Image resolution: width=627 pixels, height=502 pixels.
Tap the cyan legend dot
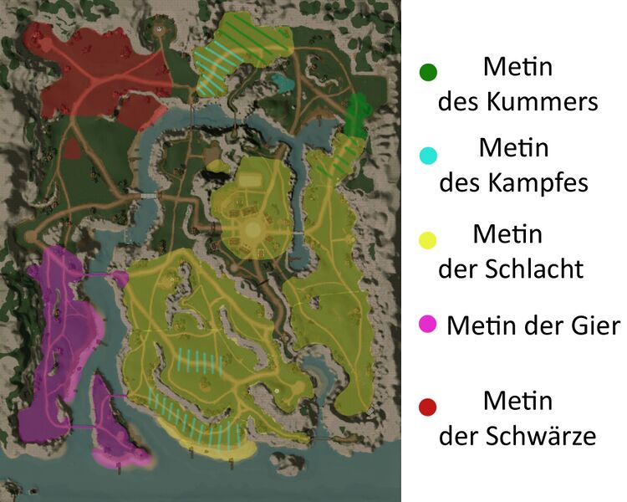(x=428, y=156)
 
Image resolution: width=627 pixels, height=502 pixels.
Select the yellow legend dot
(x=428, y=241)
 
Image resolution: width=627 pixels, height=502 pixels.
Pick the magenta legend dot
(x=428, y=324)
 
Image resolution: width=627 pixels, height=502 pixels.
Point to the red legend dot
(x=428, y=407)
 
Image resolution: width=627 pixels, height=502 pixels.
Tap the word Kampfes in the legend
(x=542, y=182)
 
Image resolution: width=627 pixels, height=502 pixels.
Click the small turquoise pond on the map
(x=281, y=82)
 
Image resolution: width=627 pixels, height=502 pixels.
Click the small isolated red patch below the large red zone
(x=73, y=148)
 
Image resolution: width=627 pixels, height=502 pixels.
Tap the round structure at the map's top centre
(x=159, y=28)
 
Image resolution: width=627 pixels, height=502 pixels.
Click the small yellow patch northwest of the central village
(x=218, y=166)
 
